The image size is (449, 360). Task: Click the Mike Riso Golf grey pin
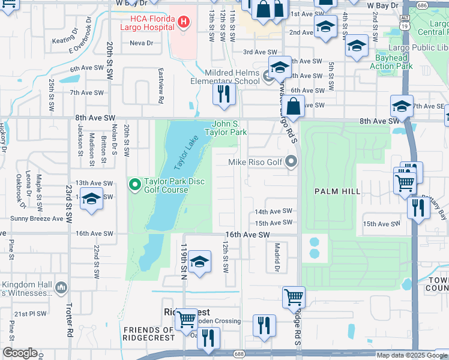tap(292, 161)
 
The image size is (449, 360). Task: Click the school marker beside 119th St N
tap(199, 262)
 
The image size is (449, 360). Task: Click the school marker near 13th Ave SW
tap(91, 199)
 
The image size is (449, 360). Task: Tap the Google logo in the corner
tap(20, 353)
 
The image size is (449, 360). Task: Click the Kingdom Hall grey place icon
tap(61, 289)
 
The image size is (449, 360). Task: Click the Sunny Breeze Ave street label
tap(37, 219)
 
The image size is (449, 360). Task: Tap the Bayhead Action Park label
tap(391, 62)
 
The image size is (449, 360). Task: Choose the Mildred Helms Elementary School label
tap(225, 77)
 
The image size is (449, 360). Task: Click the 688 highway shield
tap(239, 353)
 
